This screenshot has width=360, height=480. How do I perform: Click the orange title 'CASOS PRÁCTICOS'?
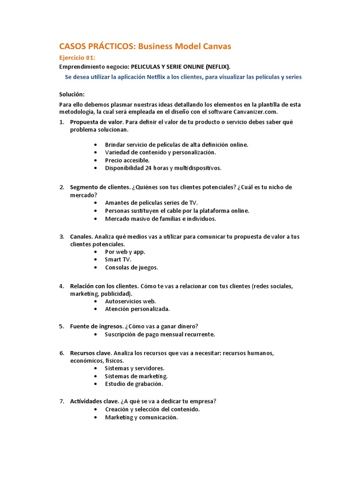point(96,46)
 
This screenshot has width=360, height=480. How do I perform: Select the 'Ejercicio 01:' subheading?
point(77,58)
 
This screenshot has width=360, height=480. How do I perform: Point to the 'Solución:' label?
point(72,94)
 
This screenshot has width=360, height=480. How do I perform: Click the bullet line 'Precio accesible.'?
point(127,160)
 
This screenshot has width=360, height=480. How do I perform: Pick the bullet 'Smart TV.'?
point(118,259)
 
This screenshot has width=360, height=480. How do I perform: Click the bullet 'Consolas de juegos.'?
point(131,267)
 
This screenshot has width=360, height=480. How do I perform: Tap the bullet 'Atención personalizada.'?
point(137,309)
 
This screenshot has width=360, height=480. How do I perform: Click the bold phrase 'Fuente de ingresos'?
point(96,326)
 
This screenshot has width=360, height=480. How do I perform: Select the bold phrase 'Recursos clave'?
point(90,353)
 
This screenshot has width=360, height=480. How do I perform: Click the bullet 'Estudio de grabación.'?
point(134,384)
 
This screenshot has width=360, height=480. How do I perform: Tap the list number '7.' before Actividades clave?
point(61,401)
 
